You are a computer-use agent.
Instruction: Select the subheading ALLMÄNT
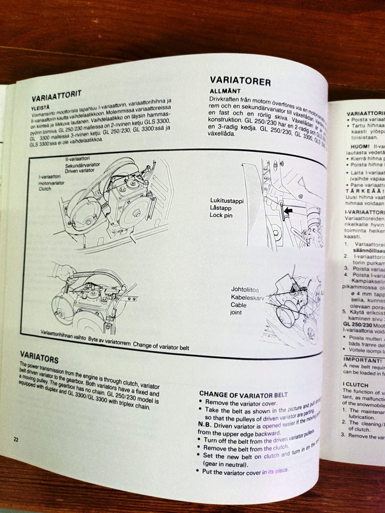pyautogui.click(x=225, y=91)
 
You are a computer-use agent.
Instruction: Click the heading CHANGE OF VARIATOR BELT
pyautogui.click(x=244, y=394)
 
